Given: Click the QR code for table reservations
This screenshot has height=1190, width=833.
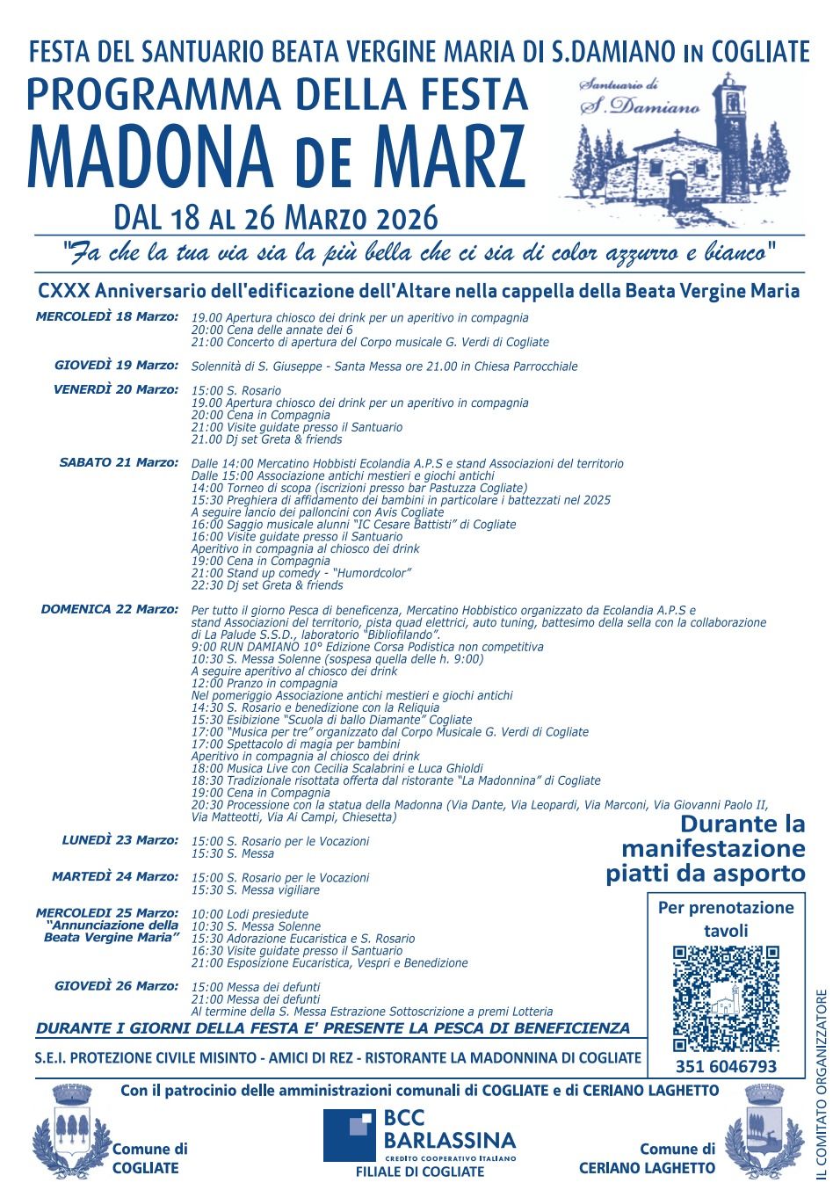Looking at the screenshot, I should pos(726,998).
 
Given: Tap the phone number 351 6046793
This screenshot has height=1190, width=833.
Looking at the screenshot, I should pos(726,1067).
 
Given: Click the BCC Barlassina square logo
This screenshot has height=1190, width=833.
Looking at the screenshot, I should pos(349,1136).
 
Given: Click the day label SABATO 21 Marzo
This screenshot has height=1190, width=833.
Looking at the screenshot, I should pos(118,462).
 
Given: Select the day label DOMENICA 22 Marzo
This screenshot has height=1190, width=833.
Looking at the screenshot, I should pos(109,609).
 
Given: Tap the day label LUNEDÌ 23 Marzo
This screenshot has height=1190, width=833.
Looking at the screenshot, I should pos(120,840).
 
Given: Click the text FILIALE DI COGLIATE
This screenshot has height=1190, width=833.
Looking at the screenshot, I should pos(419,1172).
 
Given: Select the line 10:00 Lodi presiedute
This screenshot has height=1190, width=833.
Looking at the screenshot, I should pos(250,914).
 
